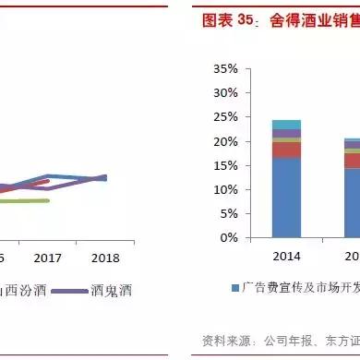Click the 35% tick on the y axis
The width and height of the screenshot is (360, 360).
pos(225,69)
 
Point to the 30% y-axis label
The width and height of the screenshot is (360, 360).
pos(225,93)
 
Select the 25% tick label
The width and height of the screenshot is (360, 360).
pos(225,117)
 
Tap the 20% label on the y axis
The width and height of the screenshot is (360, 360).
pos(225,141)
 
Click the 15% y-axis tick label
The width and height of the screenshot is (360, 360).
pos(225,165)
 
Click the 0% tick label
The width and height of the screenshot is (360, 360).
pos(228,237)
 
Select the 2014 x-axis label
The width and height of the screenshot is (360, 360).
pos(286,255)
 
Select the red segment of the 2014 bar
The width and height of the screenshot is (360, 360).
pos(286,150)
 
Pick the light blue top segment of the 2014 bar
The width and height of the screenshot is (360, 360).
pos(286,125)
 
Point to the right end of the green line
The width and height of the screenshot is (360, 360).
pos(49,199)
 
